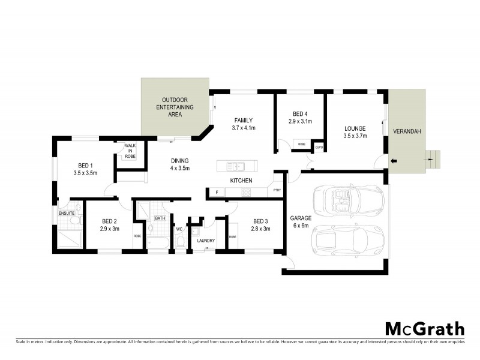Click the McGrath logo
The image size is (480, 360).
coord(424,328)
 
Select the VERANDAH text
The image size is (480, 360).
coord(407,131)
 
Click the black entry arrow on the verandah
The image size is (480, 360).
coord(394,161)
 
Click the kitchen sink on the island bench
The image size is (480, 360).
coord(235,166)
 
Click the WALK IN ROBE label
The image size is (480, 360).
coord(130,151)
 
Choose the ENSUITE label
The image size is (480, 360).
coord(66,213)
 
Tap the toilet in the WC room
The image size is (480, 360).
coord(180,241)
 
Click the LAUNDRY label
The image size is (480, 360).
coord(206,241)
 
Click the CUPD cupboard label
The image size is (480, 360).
coord(319,146)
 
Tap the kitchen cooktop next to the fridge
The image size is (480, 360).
coord(245,193)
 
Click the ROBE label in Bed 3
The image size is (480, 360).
coord(232,236)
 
